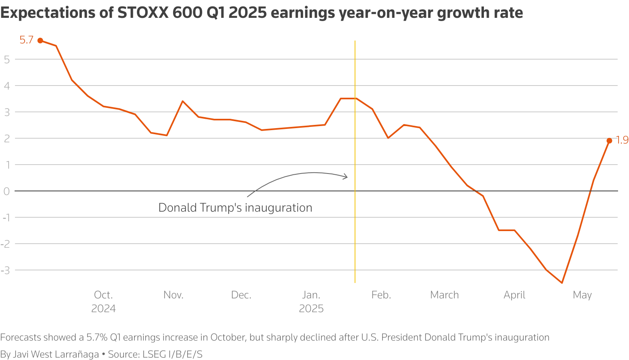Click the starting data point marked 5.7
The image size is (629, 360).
(40, 41)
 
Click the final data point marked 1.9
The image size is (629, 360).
(609, 141)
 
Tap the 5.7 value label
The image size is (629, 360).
(26, 40)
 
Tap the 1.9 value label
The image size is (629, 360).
(622, 140)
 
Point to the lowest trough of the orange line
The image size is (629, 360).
(562, 283)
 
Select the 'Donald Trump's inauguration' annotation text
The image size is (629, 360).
(235, 208)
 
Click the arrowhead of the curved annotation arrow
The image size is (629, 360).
(346, 177)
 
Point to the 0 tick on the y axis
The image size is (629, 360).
(6, 191)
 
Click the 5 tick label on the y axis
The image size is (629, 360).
(6, 60)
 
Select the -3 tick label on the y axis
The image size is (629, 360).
(5, 270)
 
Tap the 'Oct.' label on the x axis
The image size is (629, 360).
(103, 295)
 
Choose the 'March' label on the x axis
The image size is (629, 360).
(444, 295)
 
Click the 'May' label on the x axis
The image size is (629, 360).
(582, 295)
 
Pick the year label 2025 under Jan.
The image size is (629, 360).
(311, 309)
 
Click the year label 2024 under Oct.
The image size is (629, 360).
(103, 309)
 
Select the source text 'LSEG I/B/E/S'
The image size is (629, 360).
(172, 354)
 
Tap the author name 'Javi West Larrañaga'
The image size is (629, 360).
(56, 354)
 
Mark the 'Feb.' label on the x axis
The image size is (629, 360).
(381, 295)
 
